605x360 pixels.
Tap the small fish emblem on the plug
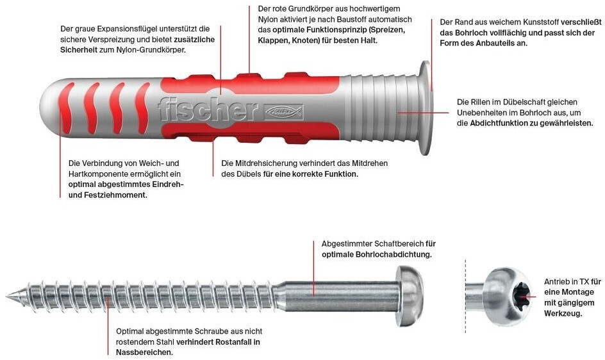click(283, 113)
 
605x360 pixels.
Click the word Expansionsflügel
click(135, 29)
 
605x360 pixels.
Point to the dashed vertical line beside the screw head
click(466, 295)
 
